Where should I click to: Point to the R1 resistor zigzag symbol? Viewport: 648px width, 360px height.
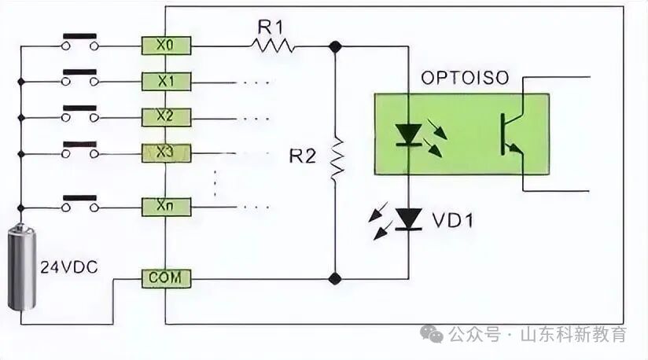pyautogui.click(x=273, y=46)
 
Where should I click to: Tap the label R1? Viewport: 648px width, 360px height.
pyautogui.click(x=270, y=27)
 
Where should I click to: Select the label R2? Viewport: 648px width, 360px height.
pyautogui.click(x=302, y=156)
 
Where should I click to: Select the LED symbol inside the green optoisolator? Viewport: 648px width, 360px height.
pyautogui.click(x=408, y=134)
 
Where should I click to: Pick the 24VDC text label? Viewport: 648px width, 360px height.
pyautogui.click(x=68, y=267)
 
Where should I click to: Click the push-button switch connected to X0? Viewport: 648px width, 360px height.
pyautogui.click(x=80, y=42)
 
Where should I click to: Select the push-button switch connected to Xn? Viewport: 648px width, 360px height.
pyautogui.click(x=80, y=203)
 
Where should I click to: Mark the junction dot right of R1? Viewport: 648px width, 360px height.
pyautogui.click(x=336, y=46)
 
